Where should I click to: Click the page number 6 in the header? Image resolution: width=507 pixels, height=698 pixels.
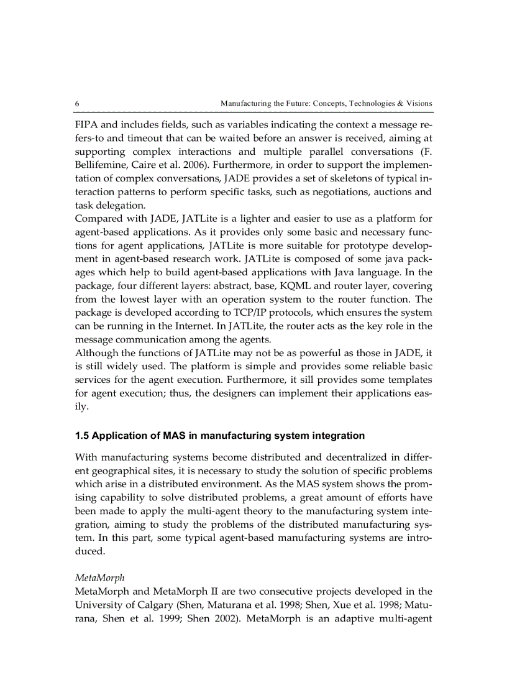77,103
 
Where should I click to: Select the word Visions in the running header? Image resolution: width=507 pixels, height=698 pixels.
419,103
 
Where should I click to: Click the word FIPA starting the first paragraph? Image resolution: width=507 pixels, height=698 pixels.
86,124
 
